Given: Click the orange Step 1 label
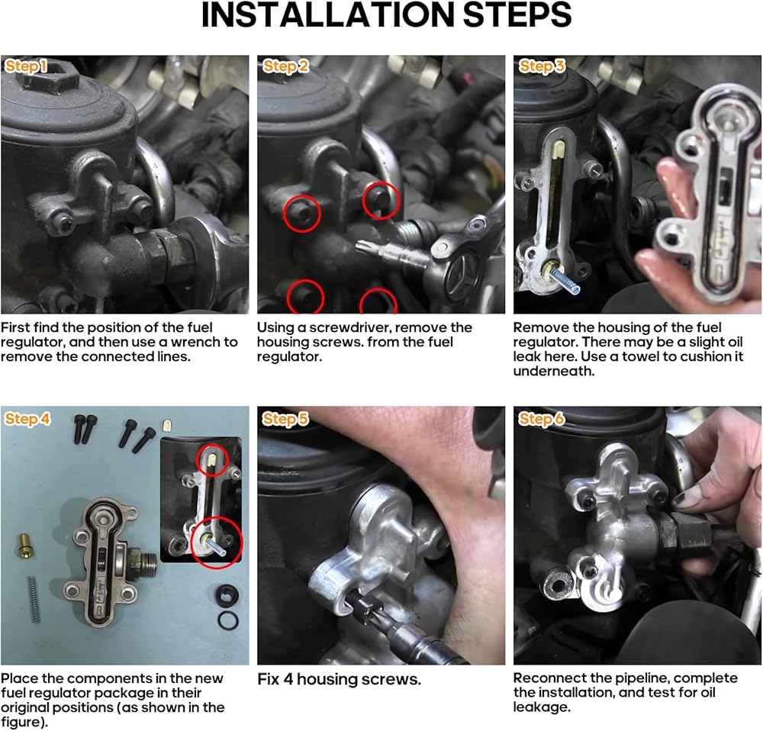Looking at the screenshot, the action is point(26,66).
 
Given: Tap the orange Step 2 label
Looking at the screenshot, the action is point(285,66).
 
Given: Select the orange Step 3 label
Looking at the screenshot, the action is point(542,66).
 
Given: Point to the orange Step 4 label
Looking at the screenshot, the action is point(27,419).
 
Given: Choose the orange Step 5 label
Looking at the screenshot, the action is point(285,419).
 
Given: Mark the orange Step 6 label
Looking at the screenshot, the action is point(542,419).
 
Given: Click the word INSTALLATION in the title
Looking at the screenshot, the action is point(327,14).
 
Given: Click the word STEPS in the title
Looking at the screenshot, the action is point(517,14).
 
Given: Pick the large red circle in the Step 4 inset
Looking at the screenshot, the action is point(217,543).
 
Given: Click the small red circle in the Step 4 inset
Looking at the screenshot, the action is point(212,460).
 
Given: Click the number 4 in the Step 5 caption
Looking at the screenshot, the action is point(288,679).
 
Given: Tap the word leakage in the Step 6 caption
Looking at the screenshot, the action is point(542,707).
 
